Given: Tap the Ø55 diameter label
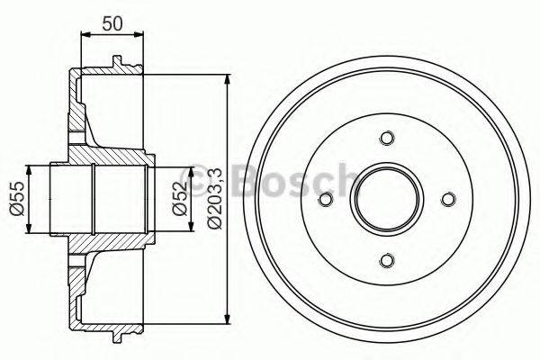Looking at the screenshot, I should coord(15,198).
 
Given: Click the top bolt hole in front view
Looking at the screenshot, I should coord(387,138).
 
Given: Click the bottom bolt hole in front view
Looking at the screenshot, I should coord(387,260).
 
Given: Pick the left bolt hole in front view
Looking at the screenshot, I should coord(326,199).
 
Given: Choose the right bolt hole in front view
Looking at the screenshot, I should coord(448,199).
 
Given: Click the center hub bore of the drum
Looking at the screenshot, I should coord(387,199).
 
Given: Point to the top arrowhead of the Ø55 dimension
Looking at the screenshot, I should coord(33,169).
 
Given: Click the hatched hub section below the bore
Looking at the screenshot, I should coord(99,243).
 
